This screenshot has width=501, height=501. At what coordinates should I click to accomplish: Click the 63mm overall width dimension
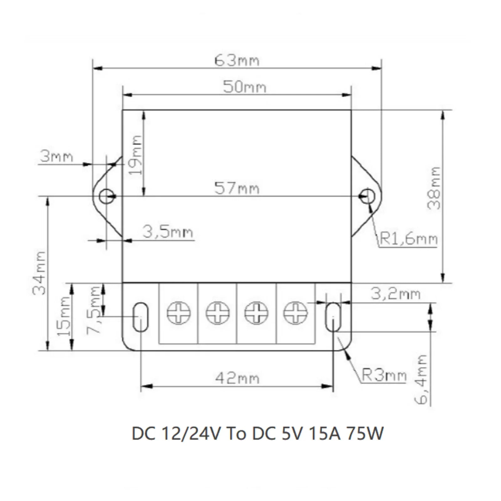click(237, 60)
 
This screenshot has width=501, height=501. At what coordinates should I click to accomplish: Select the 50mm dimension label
click(245, 87)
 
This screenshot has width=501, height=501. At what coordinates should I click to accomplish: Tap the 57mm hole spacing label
click(237, 189)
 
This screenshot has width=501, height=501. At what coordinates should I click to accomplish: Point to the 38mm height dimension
click(435, 188)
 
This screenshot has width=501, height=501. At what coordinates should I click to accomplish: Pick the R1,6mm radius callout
click(409, 239)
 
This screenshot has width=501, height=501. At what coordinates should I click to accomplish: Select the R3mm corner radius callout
click(384, 375)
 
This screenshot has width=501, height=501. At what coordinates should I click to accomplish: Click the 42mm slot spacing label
click(237, 378)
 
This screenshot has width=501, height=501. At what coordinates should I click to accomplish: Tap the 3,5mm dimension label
click(168, 232)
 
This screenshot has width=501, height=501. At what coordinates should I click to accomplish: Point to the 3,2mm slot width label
click(395, 294)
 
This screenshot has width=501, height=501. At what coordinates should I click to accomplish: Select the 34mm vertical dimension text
click(40, 273)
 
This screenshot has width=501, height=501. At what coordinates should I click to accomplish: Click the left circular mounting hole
click(106, 196)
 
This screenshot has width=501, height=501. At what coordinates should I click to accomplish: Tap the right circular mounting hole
click(368, 196)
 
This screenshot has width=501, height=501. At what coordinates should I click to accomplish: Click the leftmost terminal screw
click(178, 313)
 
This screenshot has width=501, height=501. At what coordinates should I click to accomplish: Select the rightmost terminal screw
click(295, 313)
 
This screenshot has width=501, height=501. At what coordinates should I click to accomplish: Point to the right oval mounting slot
click(333, 317)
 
